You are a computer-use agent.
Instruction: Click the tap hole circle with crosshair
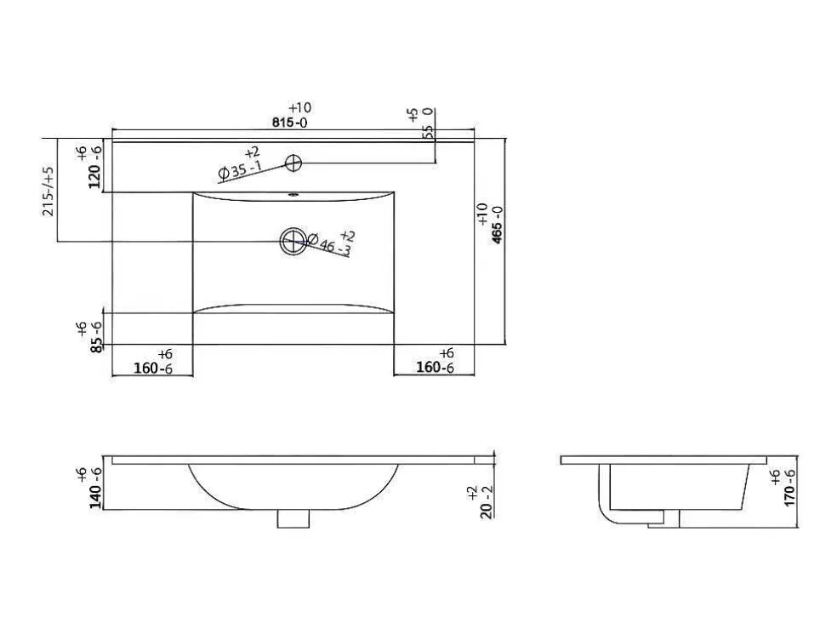(x=293, y=163)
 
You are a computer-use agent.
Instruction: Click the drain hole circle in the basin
(x=293, y=241)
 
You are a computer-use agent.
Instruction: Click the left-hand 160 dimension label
(x=145, y=368)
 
